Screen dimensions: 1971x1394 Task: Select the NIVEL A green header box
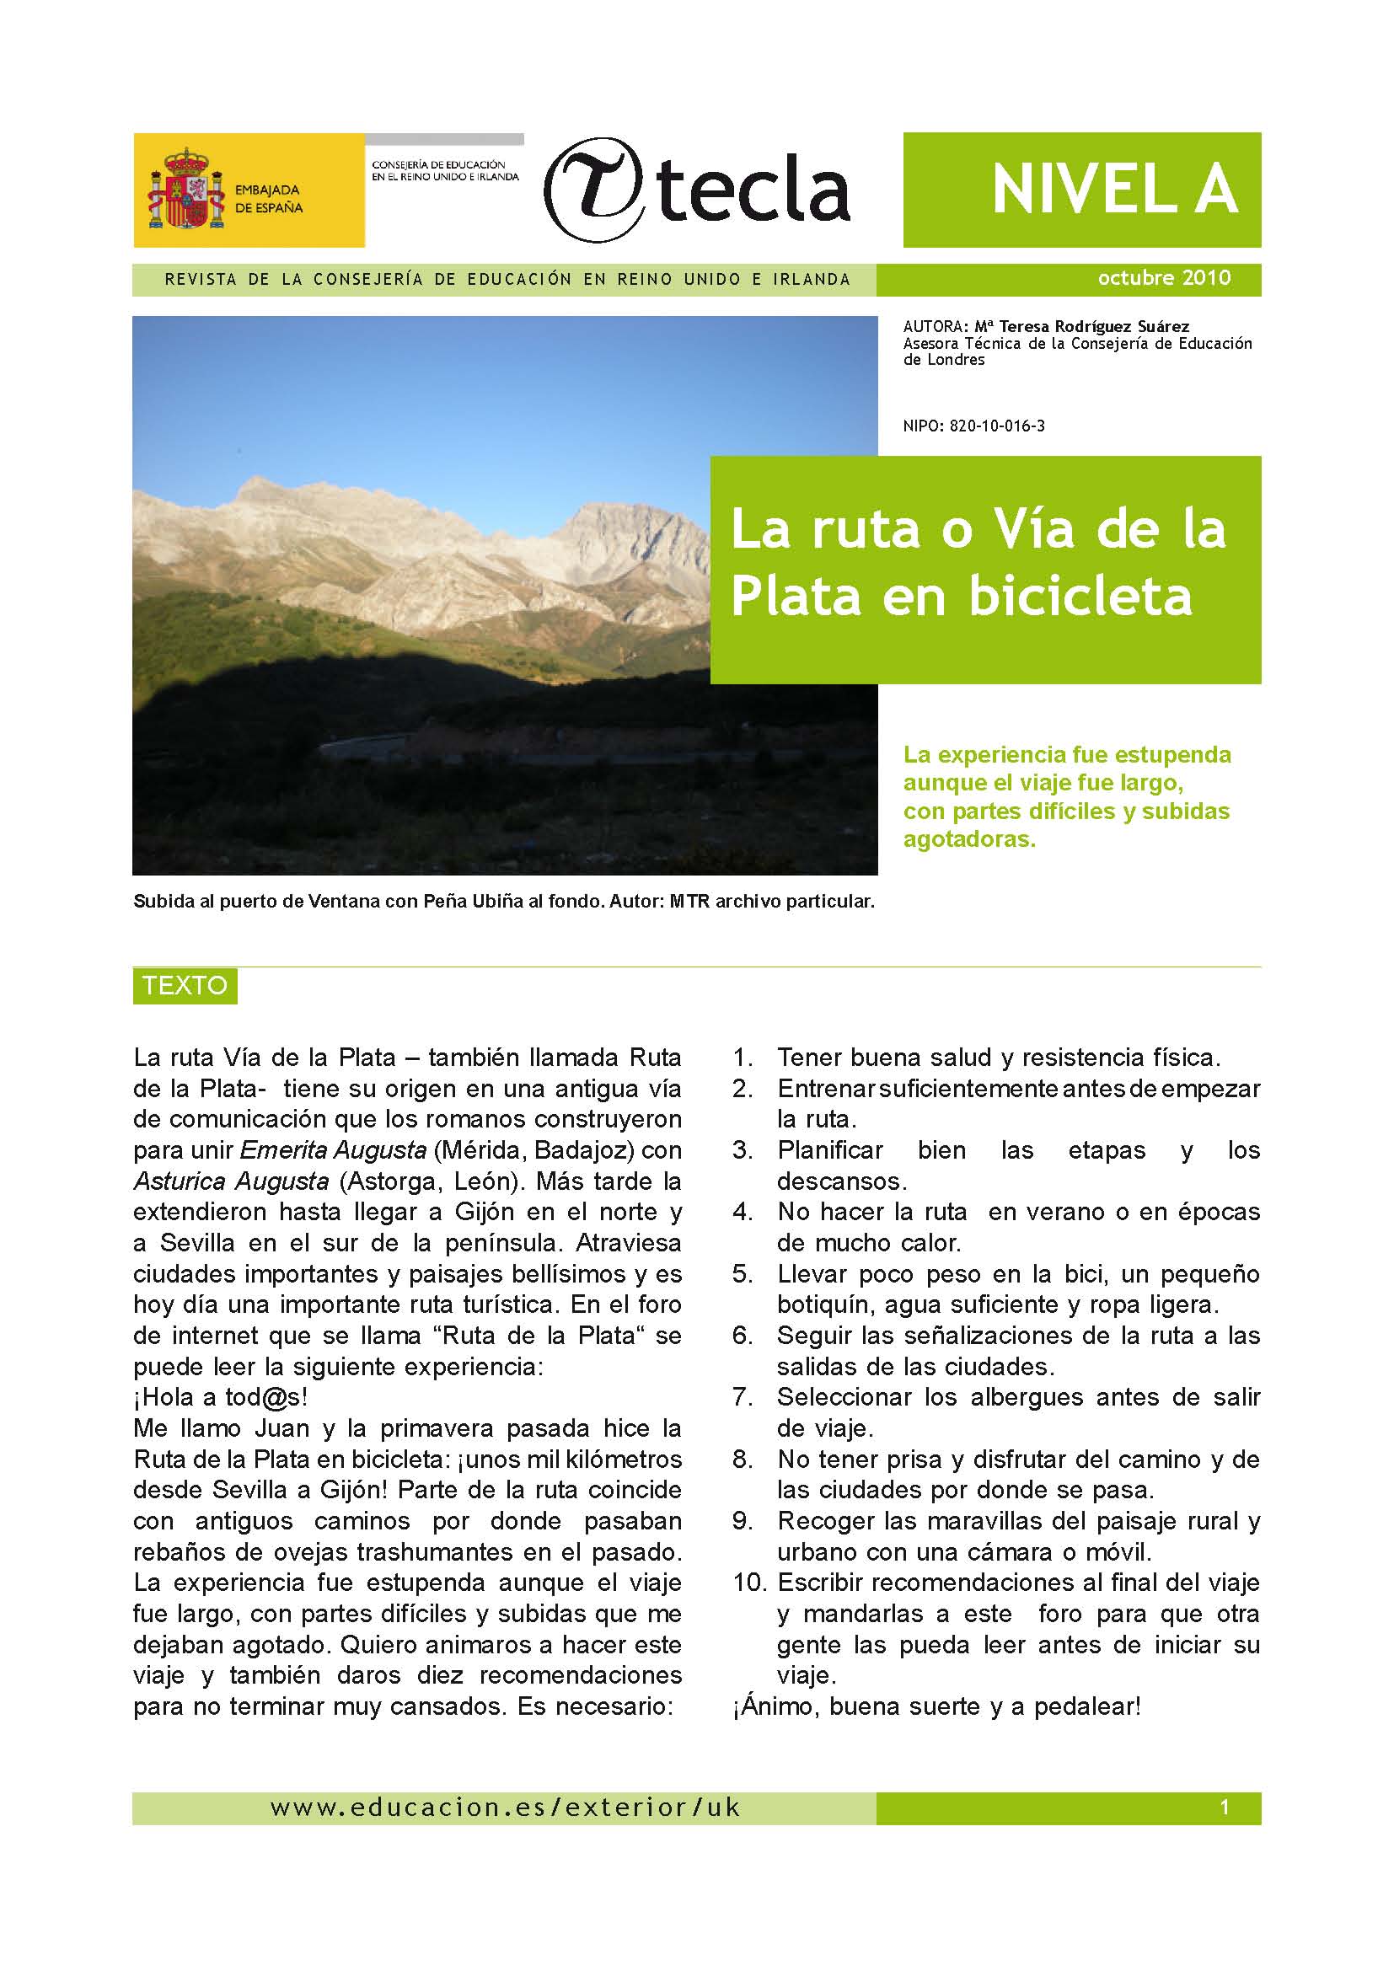[x=1081, y=190]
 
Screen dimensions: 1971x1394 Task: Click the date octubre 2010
[x=1164, y=278]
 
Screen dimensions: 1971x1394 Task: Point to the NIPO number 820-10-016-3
[x=996, y=426]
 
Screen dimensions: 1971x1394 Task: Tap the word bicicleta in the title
[x=1080, y=595]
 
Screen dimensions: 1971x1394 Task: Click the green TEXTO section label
[x=185, y=986]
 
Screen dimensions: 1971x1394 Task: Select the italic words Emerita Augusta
[x=333, y=1150]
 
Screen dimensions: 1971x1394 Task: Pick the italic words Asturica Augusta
[x=231, y=1181]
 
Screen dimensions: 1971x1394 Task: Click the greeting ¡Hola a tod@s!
[x=221, y=1397]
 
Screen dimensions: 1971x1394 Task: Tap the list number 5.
[x=742, y=1274]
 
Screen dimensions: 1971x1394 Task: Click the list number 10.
[x=748, y=1583]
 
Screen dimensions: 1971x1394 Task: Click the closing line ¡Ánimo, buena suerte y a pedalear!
[x=936, y=1706]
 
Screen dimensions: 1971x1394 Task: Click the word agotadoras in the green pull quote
[x=969, y=838]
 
